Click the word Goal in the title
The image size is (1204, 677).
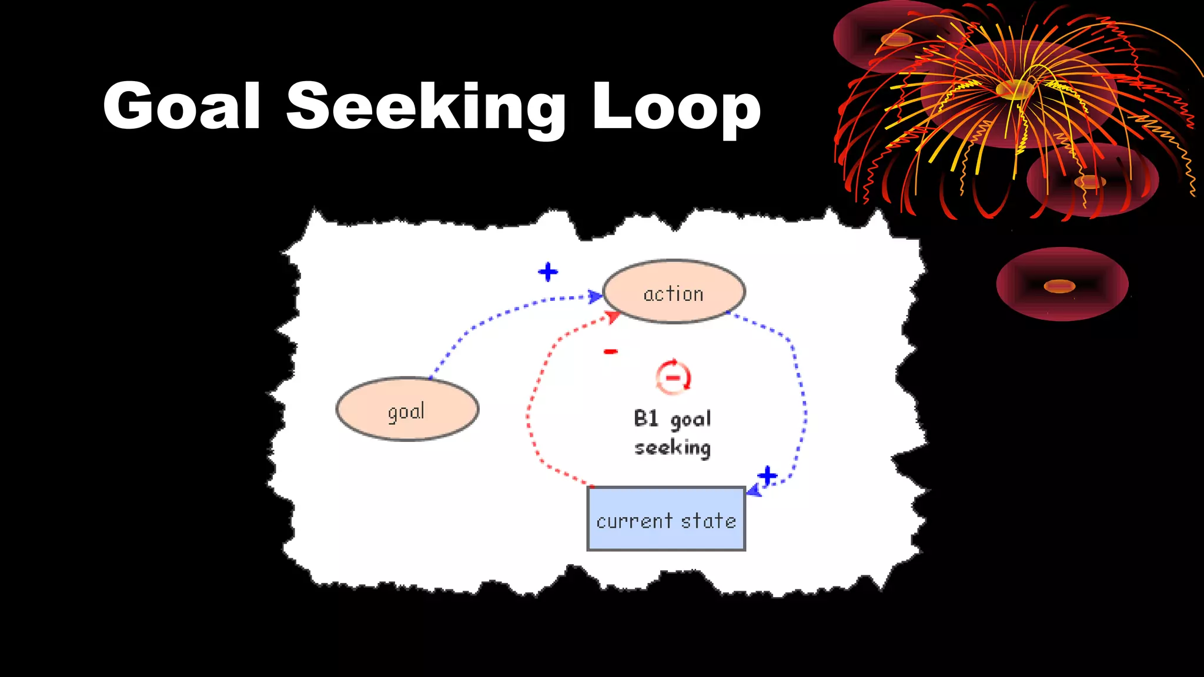coord(182,106)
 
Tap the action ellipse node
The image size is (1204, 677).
coord(674,292)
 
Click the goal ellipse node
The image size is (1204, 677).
coord(407,410)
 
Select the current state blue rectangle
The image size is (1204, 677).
coord(666,519)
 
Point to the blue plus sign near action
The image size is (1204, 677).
coord(548,272)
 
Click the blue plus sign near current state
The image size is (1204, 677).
coord(767,475)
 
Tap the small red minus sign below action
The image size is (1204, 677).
coord(611,351)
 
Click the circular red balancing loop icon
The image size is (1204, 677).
coord(673,377)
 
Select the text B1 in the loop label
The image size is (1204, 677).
coord(646,418)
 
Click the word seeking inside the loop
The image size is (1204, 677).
coord(673,448)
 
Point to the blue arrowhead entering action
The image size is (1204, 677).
coord(595,296)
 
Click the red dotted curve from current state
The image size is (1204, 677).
coord(529,411)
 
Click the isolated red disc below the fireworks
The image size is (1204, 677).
coord(1062,284)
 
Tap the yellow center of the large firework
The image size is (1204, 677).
coord(1015,90)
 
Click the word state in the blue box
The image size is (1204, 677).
coord(708,521)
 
